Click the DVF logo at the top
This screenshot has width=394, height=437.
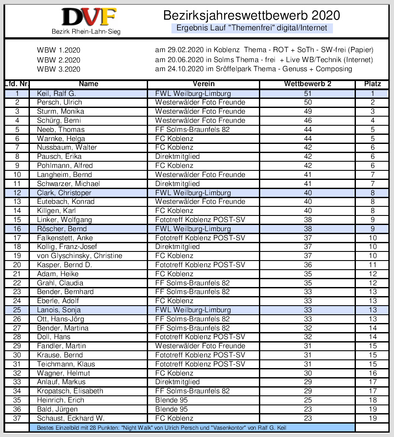tap(89, 17)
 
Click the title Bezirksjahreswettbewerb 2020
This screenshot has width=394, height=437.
tap(252, 16)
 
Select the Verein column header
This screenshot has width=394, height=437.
tap(203, 84)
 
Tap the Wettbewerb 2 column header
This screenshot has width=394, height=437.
tap(308, 84)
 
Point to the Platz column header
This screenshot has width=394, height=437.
tap(372, 84)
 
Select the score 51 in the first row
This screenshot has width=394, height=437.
tap(308, 93)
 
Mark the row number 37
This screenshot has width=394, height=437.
tap(17, 418)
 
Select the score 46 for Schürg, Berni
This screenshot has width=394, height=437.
tap(308, 121)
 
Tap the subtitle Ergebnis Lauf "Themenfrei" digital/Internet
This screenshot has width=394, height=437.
tap(252, 28)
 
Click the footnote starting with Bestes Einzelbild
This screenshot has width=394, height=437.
tap(161, 428)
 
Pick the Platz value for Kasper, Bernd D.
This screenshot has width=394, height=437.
tap(372, 265)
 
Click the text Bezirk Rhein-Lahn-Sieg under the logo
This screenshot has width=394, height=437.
tap(86, 32)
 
